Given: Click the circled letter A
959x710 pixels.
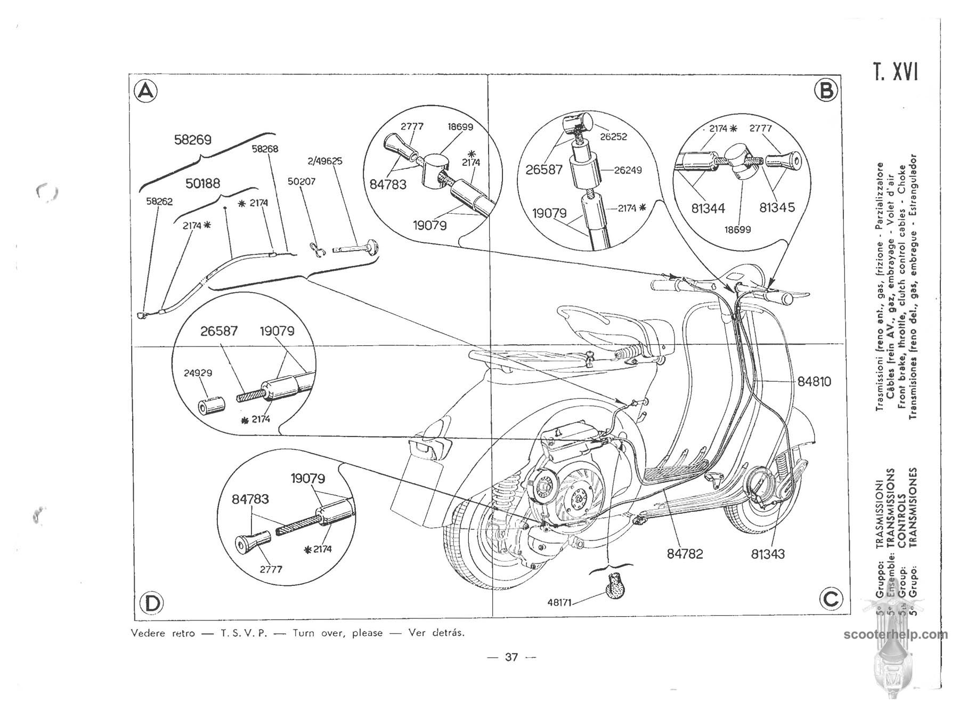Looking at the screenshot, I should click(145, 92).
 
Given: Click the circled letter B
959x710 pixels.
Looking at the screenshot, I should click(826, 91).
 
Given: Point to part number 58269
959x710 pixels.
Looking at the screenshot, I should click(193, 140).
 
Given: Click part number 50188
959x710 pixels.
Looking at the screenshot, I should click(202, 183).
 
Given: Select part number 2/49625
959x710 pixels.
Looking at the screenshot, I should click(325, 160).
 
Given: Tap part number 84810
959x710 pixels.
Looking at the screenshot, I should click(814, 382).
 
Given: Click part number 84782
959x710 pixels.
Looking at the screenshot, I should click(685, 554).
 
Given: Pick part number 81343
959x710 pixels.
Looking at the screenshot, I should click(768, 554).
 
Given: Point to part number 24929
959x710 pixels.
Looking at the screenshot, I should click(198, 373).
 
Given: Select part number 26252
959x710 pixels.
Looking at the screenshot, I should click(614, 136).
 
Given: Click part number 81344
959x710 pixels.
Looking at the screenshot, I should click(708, 208).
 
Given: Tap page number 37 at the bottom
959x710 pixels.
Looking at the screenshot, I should click(511, 657).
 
